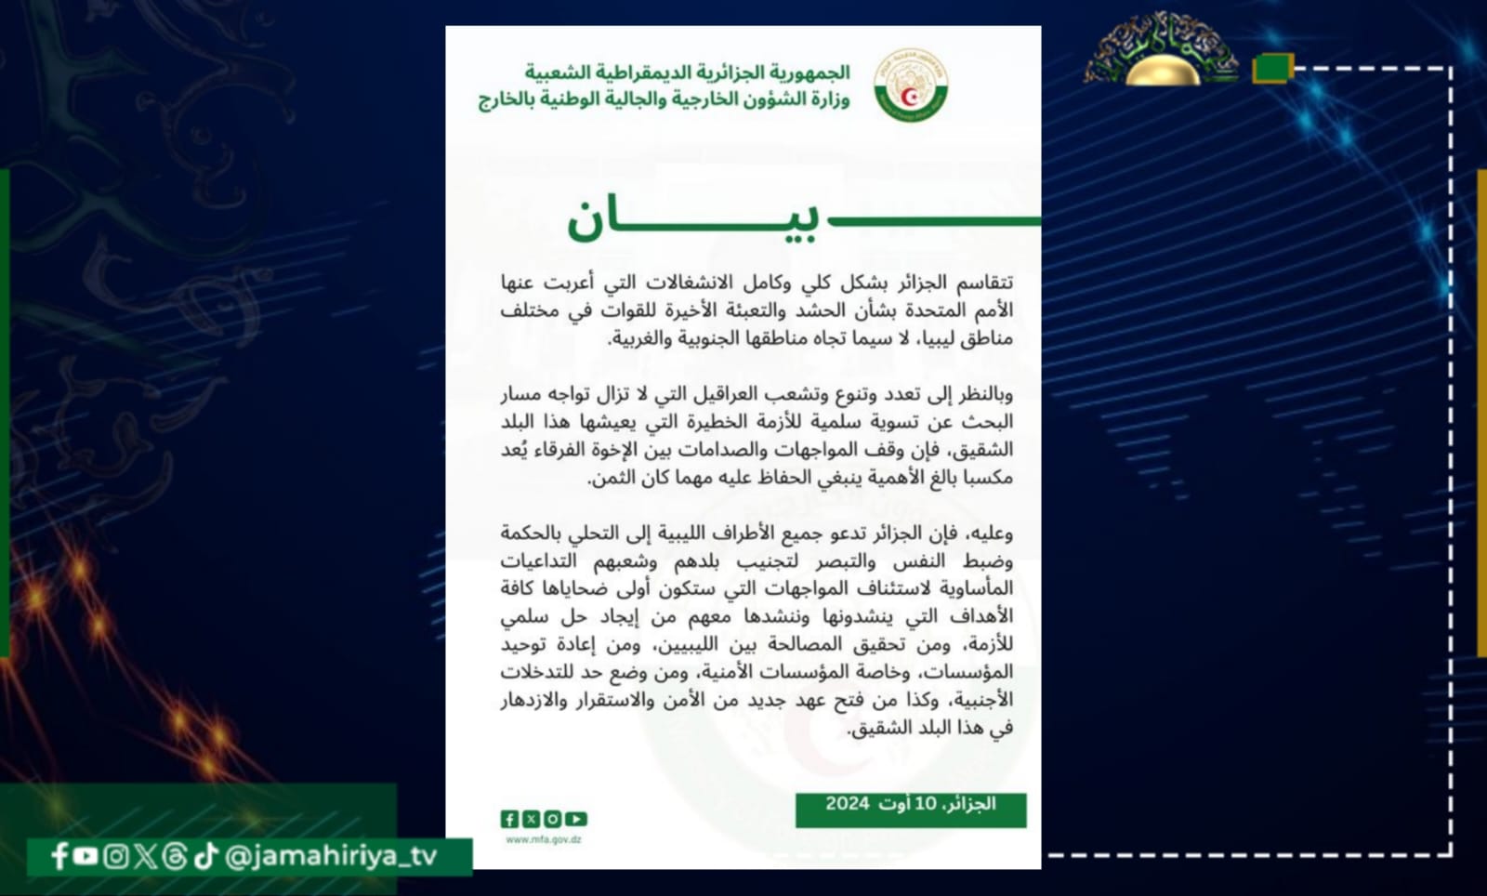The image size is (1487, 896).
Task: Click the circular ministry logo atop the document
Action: point(911,86)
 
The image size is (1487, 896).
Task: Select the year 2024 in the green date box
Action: point(847,804)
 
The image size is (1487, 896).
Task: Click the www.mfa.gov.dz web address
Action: point(544,839)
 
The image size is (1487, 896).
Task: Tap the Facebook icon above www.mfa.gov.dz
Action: point(509,819)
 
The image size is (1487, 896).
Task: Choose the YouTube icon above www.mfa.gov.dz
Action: point(576,819)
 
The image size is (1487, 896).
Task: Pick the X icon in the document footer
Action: point(531,819)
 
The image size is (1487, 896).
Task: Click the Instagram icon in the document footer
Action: point(553,819)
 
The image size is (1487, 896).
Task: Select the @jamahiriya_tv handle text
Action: point(331,856)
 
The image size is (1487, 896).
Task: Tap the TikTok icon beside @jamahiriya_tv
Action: point(206,856)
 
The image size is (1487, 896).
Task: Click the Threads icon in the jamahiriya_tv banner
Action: point(175,856)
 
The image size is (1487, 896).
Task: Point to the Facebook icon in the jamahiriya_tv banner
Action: point(59,856)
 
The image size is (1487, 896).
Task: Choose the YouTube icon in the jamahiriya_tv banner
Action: point(86,856)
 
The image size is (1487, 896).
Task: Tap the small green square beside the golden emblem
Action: point(1271,68)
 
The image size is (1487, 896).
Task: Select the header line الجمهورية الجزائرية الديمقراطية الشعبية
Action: point(687,72)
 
